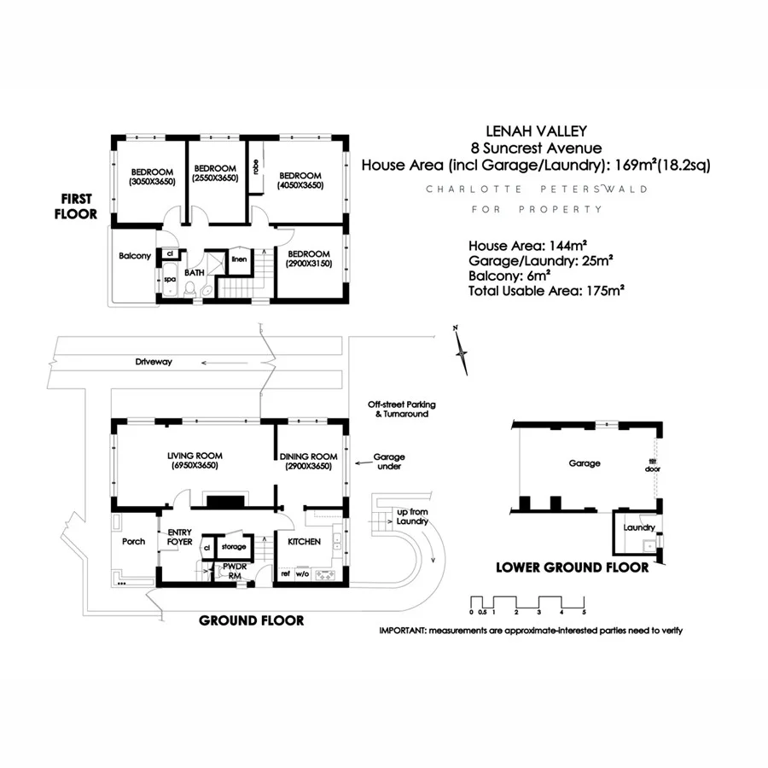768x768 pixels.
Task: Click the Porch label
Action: (x=134, y=541)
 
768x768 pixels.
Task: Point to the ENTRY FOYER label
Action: (x=179, y=536)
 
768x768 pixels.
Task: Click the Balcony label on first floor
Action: (x=135, y=255)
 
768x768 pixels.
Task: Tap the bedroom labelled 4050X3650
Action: (x=300, y=179)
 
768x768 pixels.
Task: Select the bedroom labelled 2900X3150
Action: (x=309, y=259)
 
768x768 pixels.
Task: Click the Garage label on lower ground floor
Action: (x=585, y=463)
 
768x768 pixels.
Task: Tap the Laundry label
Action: (x=638, y=527)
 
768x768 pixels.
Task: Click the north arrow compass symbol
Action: (x=462, y=350)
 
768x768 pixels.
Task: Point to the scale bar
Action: (x=527, y=602)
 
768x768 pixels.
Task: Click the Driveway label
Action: (x=154, y=362)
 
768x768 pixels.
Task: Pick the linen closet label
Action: (x=240, y=259)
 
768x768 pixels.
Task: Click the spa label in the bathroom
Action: (x=169, y=279)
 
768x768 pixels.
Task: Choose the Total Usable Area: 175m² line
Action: (x=547, y=291)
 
